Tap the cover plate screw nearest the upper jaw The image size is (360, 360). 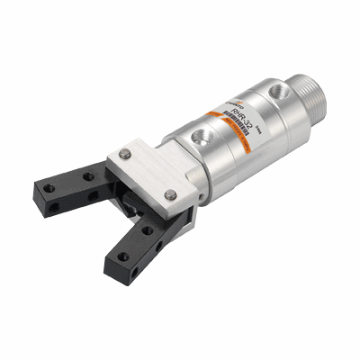pos(126,156)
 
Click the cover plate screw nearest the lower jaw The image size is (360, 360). pos(170,193)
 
